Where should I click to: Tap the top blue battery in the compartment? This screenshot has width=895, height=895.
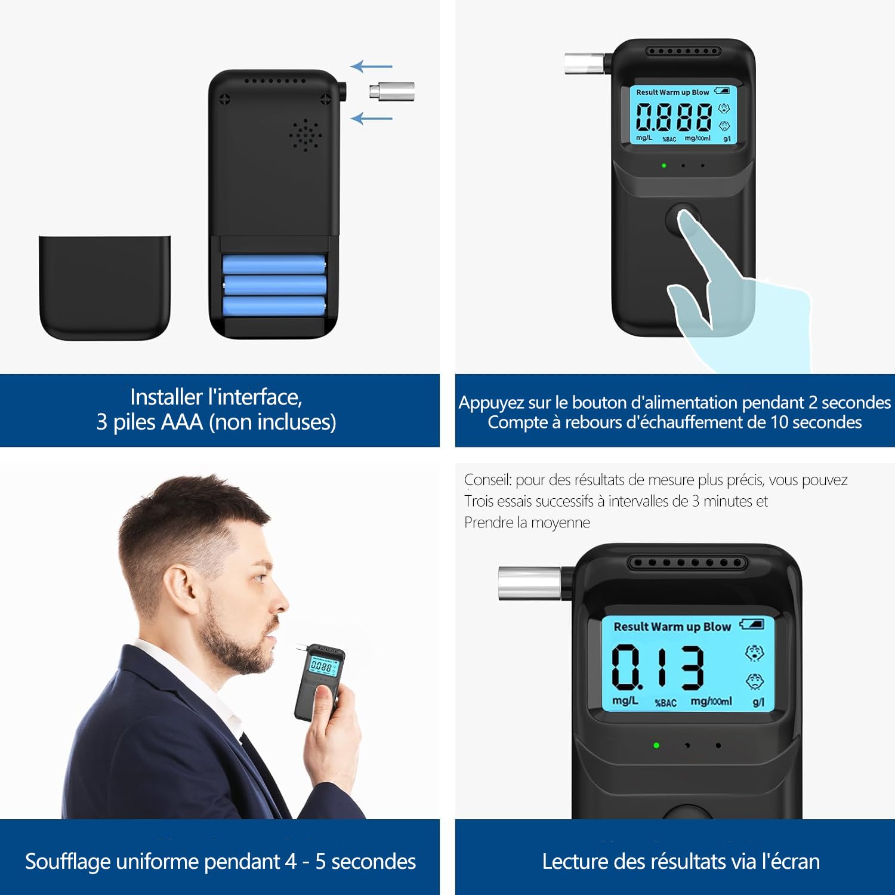(273, 264)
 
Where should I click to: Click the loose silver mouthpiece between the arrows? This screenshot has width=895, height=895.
(391, 91)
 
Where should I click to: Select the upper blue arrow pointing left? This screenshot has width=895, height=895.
(371, 66)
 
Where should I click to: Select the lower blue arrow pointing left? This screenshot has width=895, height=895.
(371, 118)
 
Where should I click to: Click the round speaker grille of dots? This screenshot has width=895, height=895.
(305, 135)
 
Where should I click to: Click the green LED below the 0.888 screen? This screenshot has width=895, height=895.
(664, 165)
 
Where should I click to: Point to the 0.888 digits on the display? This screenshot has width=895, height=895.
(673, 116)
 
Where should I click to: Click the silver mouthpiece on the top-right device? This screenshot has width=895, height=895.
(585, 63)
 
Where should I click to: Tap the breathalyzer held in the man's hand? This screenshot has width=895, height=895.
(319, 680)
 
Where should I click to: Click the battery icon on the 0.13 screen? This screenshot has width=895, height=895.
(752, 624)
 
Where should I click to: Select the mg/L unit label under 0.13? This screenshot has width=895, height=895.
(625, 700)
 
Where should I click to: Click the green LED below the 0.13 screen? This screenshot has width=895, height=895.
(656, 745)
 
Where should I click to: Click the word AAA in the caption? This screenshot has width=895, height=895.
(182, 422)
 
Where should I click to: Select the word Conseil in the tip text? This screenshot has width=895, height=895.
(487, 480)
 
